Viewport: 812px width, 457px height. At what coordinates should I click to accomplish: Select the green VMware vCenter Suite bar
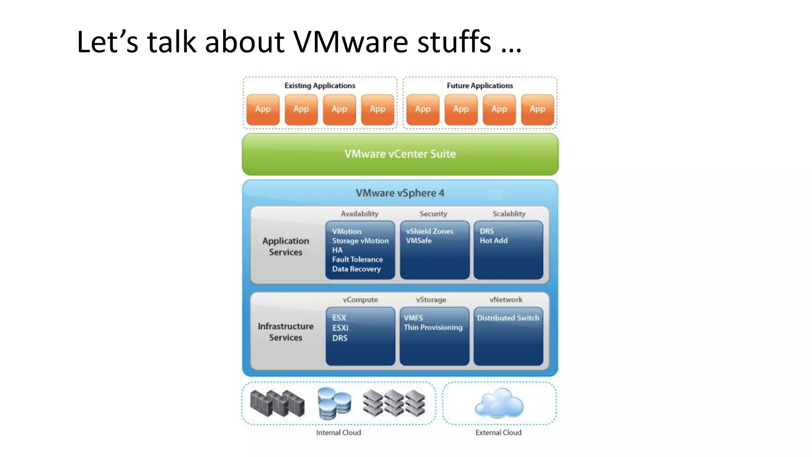coord(400,154)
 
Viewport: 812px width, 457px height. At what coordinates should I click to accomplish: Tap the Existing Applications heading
coord(320,86)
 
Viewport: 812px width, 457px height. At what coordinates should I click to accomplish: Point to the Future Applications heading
coord(480,86)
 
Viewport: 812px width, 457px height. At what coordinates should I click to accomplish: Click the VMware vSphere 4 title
coord(400,193)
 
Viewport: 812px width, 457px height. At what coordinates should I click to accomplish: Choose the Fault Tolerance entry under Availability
coord(357,259)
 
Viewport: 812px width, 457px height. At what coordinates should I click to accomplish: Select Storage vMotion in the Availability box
coord(360,241)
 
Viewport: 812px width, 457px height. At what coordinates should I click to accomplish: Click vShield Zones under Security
coord(429,231)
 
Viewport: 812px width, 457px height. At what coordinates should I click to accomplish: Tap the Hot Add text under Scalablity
coord(494,240)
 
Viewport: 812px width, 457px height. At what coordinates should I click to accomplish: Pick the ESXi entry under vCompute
coord(340,328)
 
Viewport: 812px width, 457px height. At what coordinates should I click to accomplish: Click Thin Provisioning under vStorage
coord(433,327)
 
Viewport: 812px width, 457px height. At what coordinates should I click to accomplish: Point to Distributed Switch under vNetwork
coord(508,318)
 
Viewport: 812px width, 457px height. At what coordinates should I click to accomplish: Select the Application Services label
coord(285,246)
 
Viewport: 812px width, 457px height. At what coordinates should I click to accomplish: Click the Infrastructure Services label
coord(285,332)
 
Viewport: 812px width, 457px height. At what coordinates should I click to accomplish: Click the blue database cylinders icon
coord(334,403)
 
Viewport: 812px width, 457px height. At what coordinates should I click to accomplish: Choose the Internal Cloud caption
coord(339,432)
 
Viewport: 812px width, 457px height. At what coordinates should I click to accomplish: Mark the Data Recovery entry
coord(356,269)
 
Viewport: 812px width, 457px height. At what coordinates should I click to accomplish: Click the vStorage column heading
coord(431,300)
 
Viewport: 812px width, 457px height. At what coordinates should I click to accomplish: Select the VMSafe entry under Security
coord(419,240)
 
